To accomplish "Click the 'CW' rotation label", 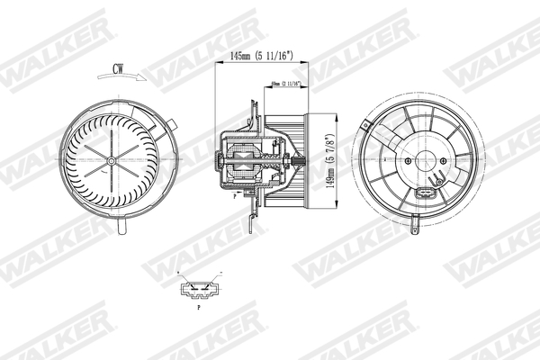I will (x=118, y=67).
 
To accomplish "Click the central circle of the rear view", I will (x=424, y=162).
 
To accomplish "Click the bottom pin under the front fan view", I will (x=121, y=233).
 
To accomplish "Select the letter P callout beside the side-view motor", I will (x=234, y=193).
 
